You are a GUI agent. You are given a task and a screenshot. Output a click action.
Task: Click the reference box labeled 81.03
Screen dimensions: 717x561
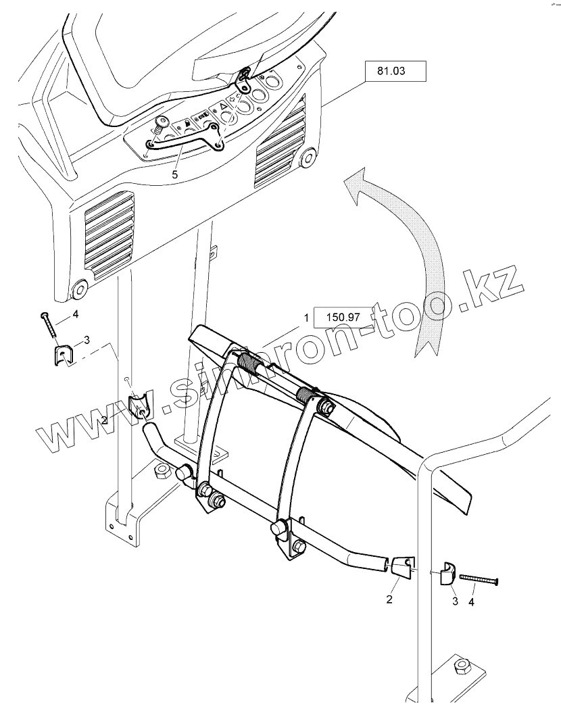[x=395, y=71]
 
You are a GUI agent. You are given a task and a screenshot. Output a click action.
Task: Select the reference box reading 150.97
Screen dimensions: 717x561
[x=344, y=316]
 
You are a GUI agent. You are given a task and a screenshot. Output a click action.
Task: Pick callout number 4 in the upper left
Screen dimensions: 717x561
[x=76, y=314]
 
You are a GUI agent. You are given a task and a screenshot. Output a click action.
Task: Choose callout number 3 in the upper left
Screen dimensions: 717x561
[x=86, y=339]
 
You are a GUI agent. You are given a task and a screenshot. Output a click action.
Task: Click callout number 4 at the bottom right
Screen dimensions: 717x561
[x=472, y=599]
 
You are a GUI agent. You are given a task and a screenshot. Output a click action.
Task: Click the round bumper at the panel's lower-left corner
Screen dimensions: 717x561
[x=79, y=291]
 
